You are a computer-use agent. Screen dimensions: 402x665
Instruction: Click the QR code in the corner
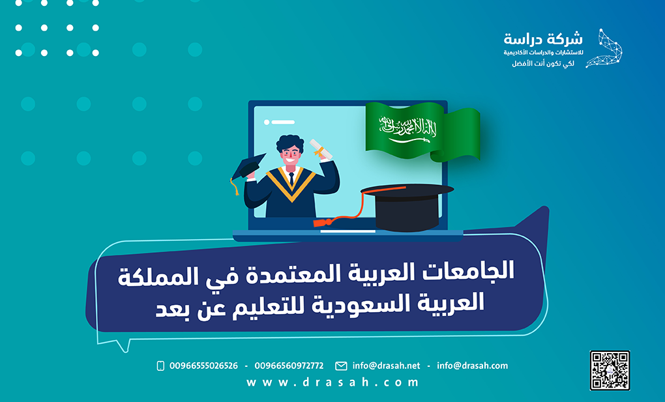point(610,370)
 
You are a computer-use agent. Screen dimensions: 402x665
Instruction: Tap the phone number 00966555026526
point(203,366)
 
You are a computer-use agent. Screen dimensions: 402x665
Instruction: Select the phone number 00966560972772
point(289,366)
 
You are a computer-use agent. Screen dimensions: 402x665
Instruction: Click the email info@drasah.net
point(386,366)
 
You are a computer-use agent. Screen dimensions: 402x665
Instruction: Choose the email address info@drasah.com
point(472,366)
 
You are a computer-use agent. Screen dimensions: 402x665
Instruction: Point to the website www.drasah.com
point(332,382)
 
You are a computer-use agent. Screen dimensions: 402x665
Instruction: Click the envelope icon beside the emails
point(341,366)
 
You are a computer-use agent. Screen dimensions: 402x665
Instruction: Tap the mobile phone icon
point(160,366)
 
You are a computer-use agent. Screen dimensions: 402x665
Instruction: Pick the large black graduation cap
point(407,205)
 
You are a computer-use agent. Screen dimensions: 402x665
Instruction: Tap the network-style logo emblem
point(604,48)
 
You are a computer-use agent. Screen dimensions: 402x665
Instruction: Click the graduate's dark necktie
point(291,179)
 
